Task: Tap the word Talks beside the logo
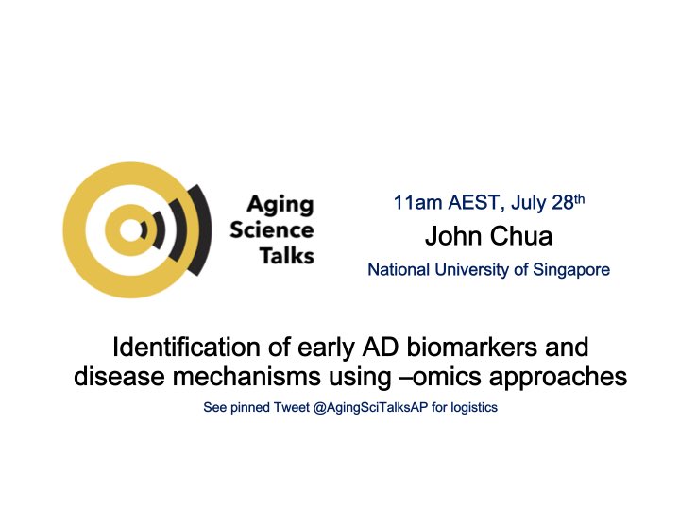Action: pos(286,255)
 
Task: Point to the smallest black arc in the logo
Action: pos(144,229)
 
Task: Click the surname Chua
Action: pos(520,235)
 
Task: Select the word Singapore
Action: pos(570,270)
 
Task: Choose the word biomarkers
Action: pos(466,346)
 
